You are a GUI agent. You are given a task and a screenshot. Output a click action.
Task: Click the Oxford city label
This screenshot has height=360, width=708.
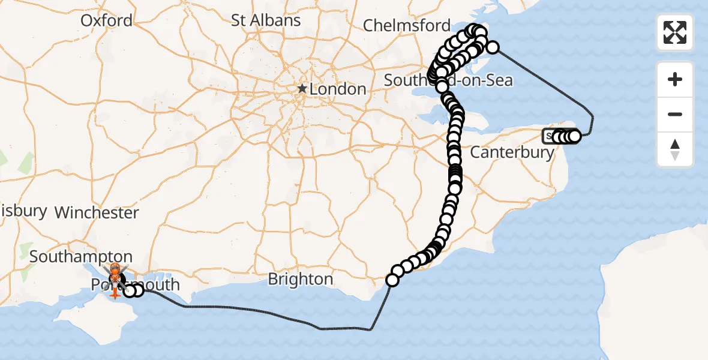click(x=107, y=20)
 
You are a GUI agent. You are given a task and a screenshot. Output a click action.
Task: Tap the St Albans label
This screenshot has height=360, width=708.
click(x=266, y=20)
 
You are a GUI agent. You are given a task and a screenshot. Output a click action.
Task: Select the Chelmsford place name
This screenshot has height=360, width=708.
click(x=406, y=25)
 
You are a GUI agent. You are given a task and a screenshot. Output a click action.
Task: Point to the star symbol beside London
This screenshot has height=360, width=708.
click(x=302, y=89)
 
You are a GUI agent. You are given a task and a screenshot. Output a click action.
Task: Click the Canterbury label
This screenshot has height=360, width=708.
click(x=512, y=152)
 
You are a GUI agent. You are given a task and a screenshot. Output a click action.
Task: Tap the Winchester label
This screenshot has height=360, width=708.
click(x=97, y=212)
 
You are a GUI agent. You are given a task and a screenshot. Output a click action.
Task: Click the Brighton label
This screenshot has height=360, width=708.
click(x=300, y=279)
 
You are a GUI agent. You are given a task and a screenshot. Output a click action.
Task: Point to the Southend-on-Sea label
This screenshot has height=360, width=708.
click(x=448, y=80)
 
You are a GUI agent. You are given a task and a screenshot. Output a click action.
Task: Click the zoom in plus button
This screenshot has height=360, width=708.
click(x=675, y=79)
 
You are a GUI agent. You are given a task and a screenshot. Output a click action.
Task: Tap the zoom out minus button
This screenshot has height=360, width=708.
click(x=675, y=114)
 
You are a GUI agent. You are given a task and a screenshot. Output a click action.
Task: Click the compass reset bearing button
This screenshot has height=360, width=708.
click(x=675, y=149)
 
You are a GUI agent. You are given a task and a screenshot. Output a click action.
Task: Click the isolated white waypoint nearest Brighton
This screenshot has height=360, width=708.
click(x=392, y=280)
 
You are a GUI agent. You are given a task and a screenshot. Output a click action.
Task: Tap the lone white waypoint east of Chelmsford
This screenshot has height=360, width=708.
click(x=493, y=47)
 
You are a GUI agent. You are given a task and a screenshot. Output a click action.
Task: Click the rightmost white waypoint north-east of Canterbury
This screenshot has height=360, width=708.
click(x=574, y=137)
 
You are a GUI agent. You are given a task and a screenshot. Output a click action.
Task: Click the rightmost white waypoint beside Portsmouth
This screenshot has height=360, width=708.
click(x=138, y=290)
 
